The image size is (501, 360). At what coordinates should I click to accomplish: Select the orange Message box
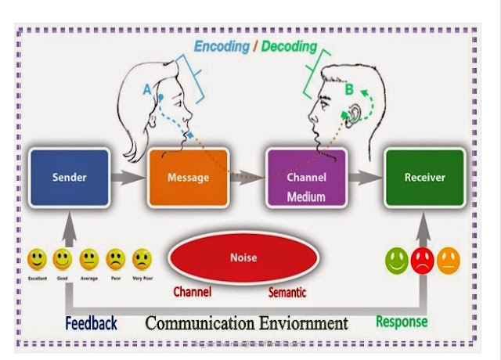pos(188,177)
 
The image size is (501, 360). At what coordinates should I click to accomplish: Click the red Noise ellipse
pos(244,257)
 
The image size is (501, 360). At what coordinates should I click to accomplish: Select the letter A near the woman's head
pos(146,89)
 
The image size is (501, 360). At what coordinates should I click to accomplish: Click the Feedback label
pos(92,322)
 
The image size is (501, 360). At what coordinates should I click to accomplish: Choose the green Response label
pos(402,321)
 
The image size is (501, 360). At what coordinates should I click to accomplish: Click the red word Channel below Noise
pos(193,293)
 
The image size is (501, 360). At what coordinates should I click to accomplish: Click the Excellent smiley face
pos(37,258)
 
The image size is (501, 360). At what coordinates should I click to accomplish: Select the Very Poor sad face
pos(142,258)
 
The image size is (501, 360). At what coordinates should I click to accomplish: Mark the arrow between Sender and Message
pos(124,178)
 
